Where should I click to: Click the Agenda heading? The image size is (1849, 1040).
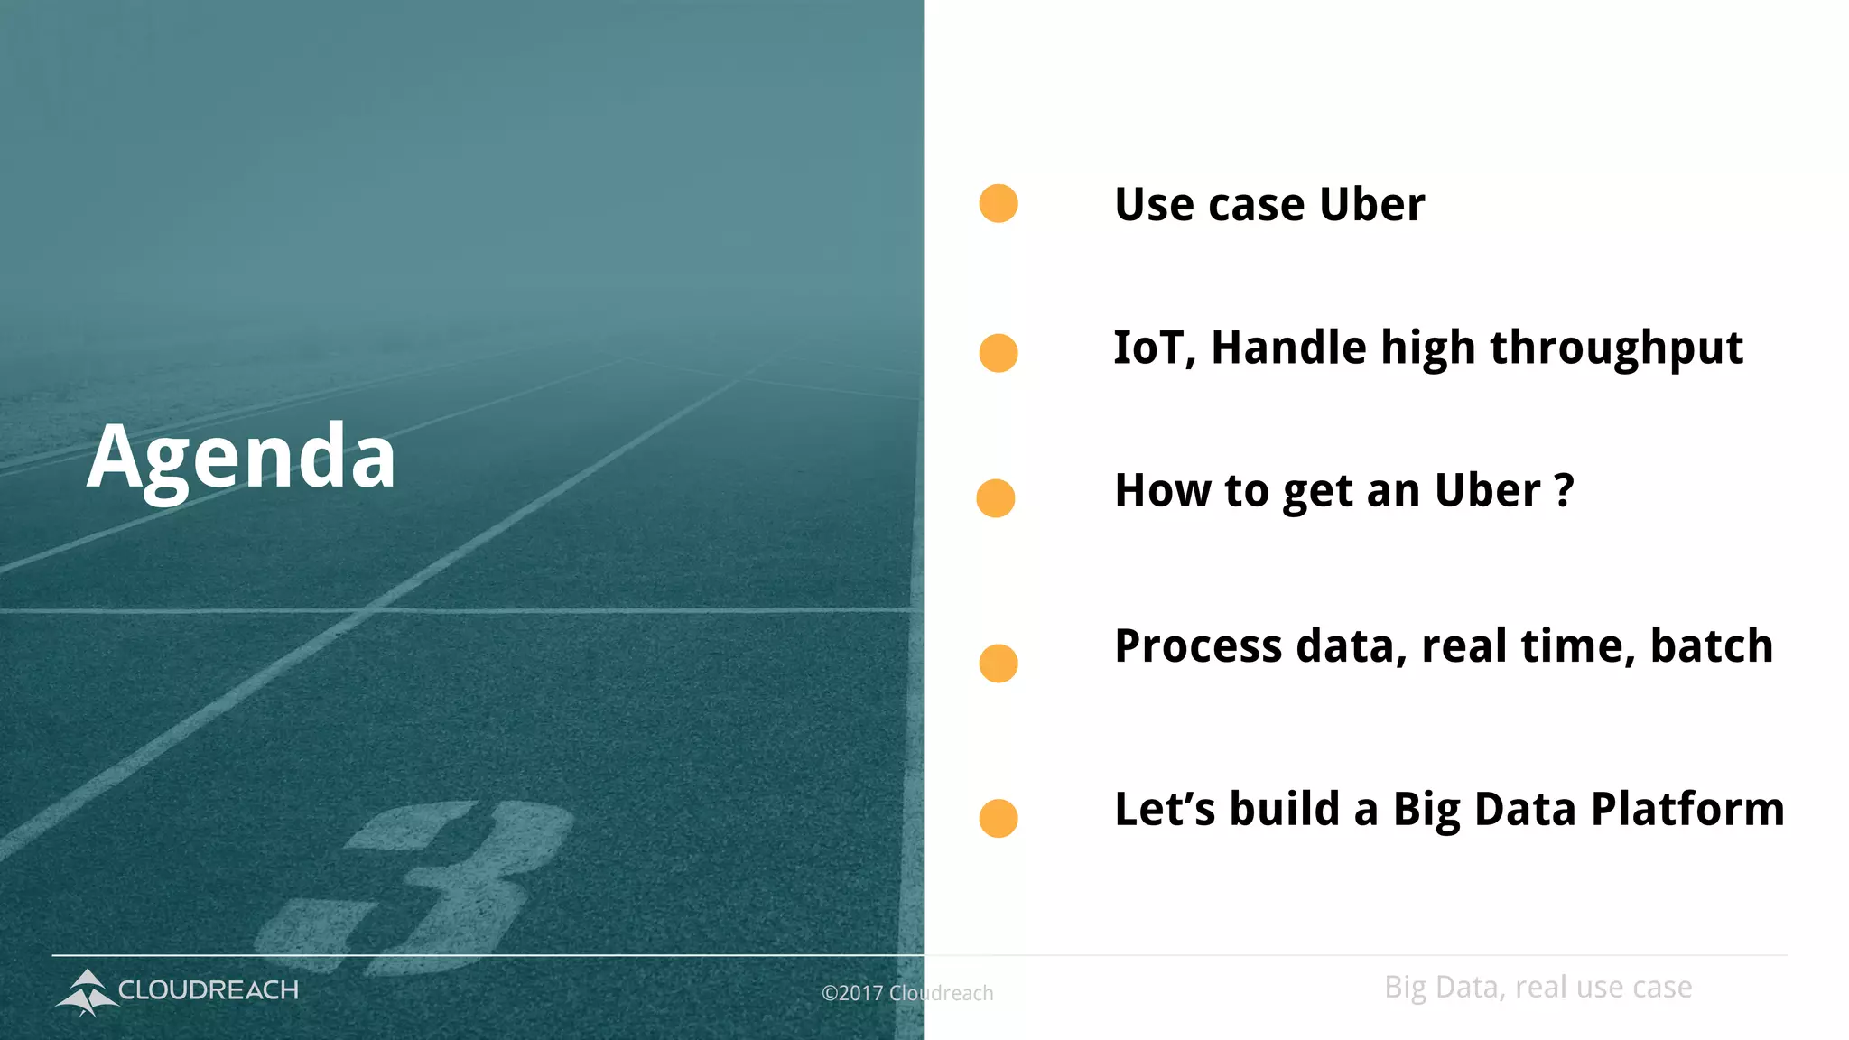(x=241, y=458)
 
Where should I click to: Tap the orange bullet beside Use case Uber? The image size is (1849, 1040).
(x=999, y=203)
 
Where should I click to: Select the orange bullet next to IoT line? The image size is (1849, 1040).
(x=999, y=352)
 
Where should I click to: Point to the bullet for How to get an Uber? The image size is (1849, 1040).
(x=996, y=498)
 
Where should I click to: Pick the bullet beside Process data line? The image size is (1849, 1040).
(x=999, y=664)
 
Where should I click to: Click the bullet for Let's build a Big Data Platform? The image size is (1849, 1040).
(x=999, y=818)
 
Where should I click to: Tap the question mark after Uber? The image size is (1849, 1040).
(x=1565, y=491)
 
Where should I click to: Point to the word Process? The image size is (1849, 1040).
(x=1198, y=647)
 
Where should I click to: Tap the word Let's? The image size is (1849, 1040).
(x=1165, y=809)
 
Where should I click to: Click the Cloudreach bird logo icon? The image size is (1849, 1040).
(x=87, y=991)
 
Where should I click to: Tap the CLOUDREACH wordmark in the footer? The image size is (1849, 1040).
(x=209, y=990)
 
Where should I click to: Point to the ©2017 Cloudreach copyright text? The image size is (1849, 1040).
(x=907, y=993)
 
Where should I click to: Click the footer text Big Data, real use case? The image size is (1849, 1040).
(x=1538, y=988)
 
